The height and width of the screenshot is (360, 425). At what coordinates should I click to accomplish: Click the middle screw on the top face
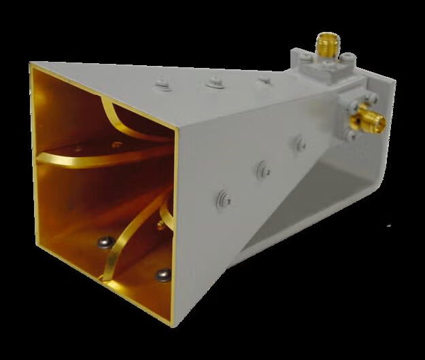tap(214, 82)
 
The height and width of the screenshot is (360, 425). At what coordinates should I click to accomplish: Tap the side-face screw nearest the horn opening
tap(225, 198)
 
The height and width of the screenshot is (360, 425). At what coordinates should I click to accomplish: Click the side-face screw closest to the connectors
tap(297, 143)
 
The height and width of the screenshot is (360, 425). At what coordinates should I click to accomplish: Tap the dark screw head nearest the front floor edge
tap(163, 274)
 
